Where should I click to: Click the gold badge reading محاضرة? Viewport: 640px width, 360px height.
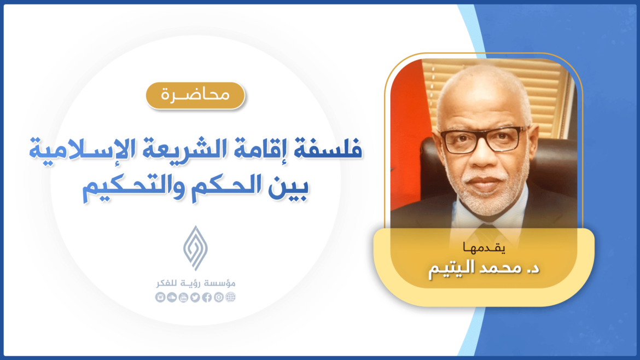pos(195,95)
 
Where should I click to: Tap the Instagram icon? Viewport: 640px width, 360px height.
pos(160,298)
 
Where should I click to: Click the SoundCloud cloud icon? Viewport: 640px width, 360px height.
pos(171,298)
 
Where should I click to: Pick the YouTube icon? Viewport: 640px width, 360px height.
pos(183,298)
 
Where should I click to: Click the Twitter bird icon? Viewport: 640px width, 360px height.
pos(195,298)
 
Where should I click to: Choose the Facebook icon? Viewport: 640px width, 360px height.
pos(207,298)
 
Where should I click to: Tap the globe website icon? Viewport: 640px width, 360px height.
pos(230,298)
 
